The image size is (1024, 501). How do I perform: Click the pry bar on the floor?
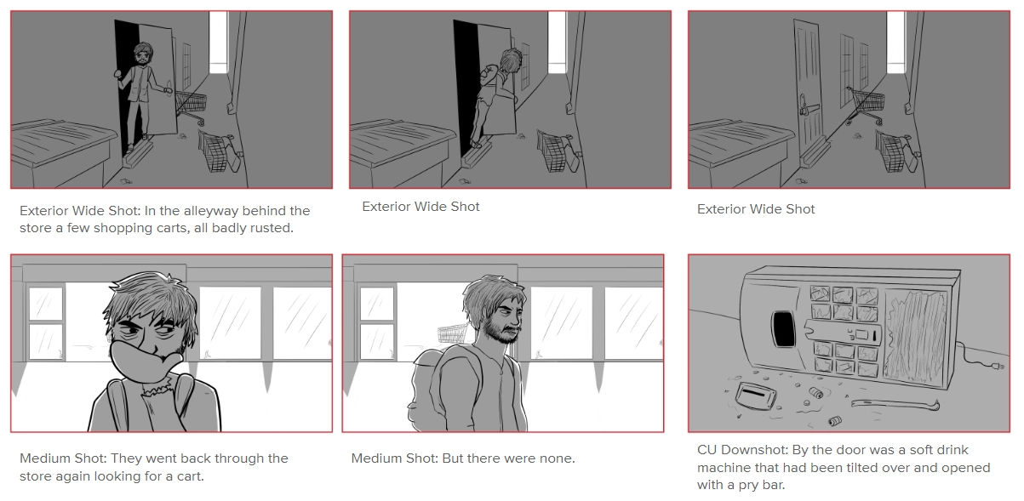(895, 404)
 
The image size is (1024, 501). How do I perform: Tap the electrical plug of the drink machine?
(998, 366)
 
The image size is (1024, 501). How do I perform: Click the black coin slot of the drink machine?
(783, 328)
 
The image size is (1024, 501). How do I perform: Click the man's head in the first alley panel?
(143, 54)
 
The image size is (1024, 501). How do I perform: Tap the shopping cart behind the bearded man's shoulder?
(453, 333)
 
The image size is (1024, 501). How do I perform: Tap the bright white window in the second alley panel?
(557, 42)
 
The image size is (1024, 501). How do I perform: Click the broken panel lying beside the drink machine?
(756, 396)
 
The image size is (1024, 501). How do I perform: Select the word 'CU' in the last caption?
(707, 450)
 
